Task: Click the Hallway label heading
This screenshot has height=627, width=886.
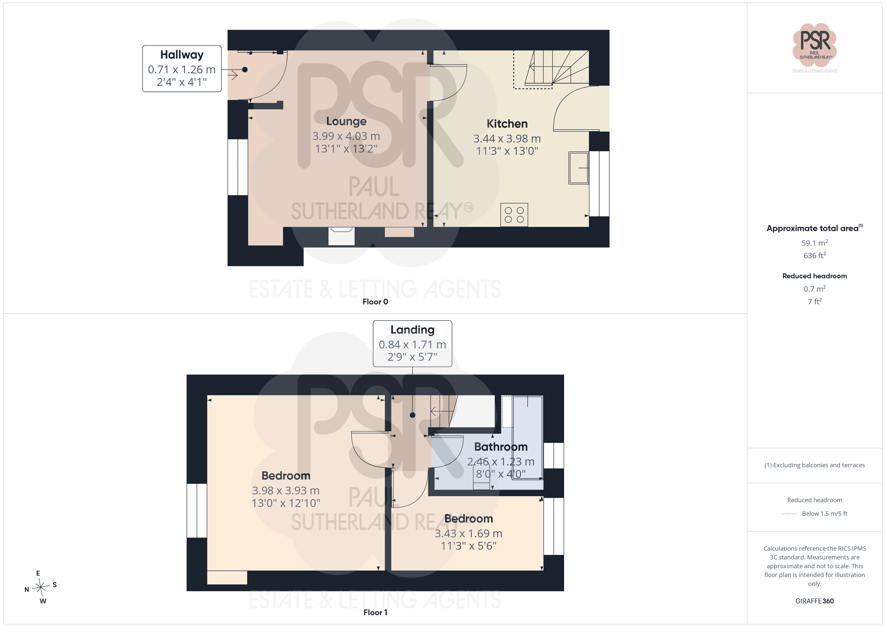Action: pos(182,55)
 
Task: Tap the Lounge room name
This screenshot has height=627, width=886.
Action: pos(346,121)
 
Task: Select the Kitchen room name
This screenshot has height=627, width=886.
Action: pos(507,124)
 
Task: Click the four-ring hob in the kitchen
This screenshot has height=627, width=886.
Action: pos(514,215)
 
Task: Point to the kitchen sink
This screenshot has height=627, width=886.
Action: pos(578,168)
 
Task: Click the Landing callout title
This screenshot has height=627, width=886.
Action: pos(413,330)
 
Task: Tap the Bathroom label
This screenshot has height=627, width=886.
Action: pos(501,447)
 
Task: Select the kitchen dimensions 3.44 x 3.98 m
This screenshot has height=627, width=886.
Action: pos(507,139)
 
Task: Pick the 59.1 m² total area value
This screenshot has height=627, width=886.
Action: pos(815,243)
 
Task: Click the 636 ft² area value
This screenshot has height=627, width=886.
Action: pos(815,255)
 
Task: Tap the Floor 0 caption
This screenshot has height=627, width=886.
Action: pos(375,302)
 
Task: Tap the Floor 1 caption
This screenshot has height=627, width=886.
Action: pos(375,613)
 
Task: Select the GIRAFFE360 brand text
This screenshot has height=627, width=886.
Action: pos(815,601)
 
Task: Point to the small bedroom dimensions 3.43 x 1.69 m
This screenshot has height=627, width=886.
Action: pos(468,534)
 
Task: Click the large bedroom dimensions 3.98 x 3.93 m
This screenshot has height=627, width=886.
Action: pos(286,491)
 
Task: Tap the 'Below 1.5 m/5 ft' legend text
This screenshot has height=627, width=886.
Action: pos(825,513)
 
